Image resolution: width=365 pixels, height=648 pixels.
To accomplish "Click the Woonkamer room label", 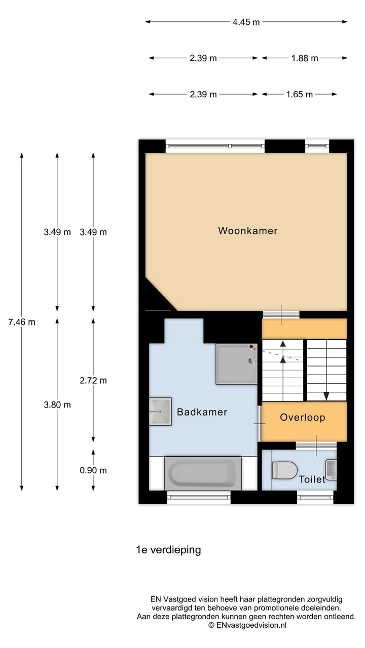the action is click(x=248, y=230).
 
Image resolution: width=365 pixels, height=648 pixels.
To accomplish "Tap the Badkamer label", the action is click(x=202, y=412).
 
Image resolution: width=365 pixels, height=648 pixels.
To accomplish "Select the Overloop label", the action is click(x=303, y=417).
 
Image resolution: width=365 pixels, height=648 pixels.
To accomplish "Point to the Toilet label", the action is click(x=312, y=479).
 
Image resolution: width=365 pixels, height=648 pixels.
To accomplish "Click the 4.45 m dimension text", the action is click(x=246, y=22).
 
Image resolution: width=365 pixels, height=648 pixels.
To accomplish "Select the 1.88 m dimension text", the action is click(x=305, y=58).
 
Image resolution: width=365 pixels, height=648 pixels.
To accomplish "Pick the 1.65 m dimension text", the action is click(x=299, y=94).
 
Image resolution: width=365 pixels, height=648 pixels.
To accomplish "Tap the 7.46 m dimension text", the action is click(x=22, y=322).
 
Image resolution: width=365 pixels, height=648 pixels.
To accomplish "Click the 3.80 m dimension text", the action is click(x=57, y=404).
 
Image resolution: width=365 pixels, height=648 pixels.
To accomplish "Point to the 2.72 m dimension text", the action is click(x=93, y=380).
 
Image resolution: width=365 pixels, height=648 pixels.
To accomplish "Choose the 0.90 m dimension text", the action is click(x=93, y=470).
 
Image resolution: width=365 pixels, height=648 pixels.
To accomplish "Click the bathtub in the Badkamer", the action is click(x=203, y=473).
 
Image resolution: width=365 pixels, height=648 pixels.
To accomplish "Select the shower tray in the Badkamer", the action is click(x=236, y=364).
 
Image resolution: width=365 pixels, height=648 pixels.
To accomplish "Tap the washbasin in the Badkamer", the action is click(x=160, y=412).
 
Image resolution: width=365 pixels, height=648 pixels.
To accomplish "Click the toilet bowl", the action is click(x=284, y=470).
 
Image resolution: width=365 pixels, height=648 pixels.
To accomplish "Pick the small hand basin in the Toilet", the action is click(x=331, y=470).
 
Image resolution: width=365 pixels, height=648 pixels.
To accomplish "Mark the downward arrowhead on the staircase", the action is click(x=326, y=396).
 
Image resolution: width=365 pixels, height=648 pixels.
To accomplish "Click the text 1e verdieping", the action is click(x=168, y=550).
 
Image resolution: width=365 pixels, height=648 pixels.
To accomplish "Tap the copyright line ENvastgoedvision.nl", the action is click(x=247, y=625).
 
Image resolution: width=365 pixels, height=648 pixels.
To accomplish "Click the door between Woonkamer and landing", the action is click(x=281, y=314).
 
